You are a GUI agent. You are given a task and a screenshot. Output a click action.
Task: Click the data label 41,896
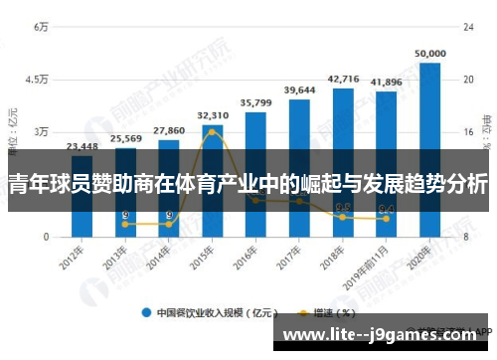click(387, 82)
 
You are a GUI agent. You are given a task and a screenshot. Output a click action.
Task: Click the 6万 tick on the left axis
click(42, 27)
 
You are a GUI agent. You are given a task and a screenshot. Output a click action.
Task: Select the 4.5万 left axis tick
click(38, 80)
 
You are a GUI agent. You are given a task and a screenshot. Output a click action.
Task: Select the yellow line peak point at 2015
click(213, 132)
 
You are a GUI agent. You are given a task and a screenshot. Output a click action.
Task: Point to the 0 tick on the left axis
click(45, 238)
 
